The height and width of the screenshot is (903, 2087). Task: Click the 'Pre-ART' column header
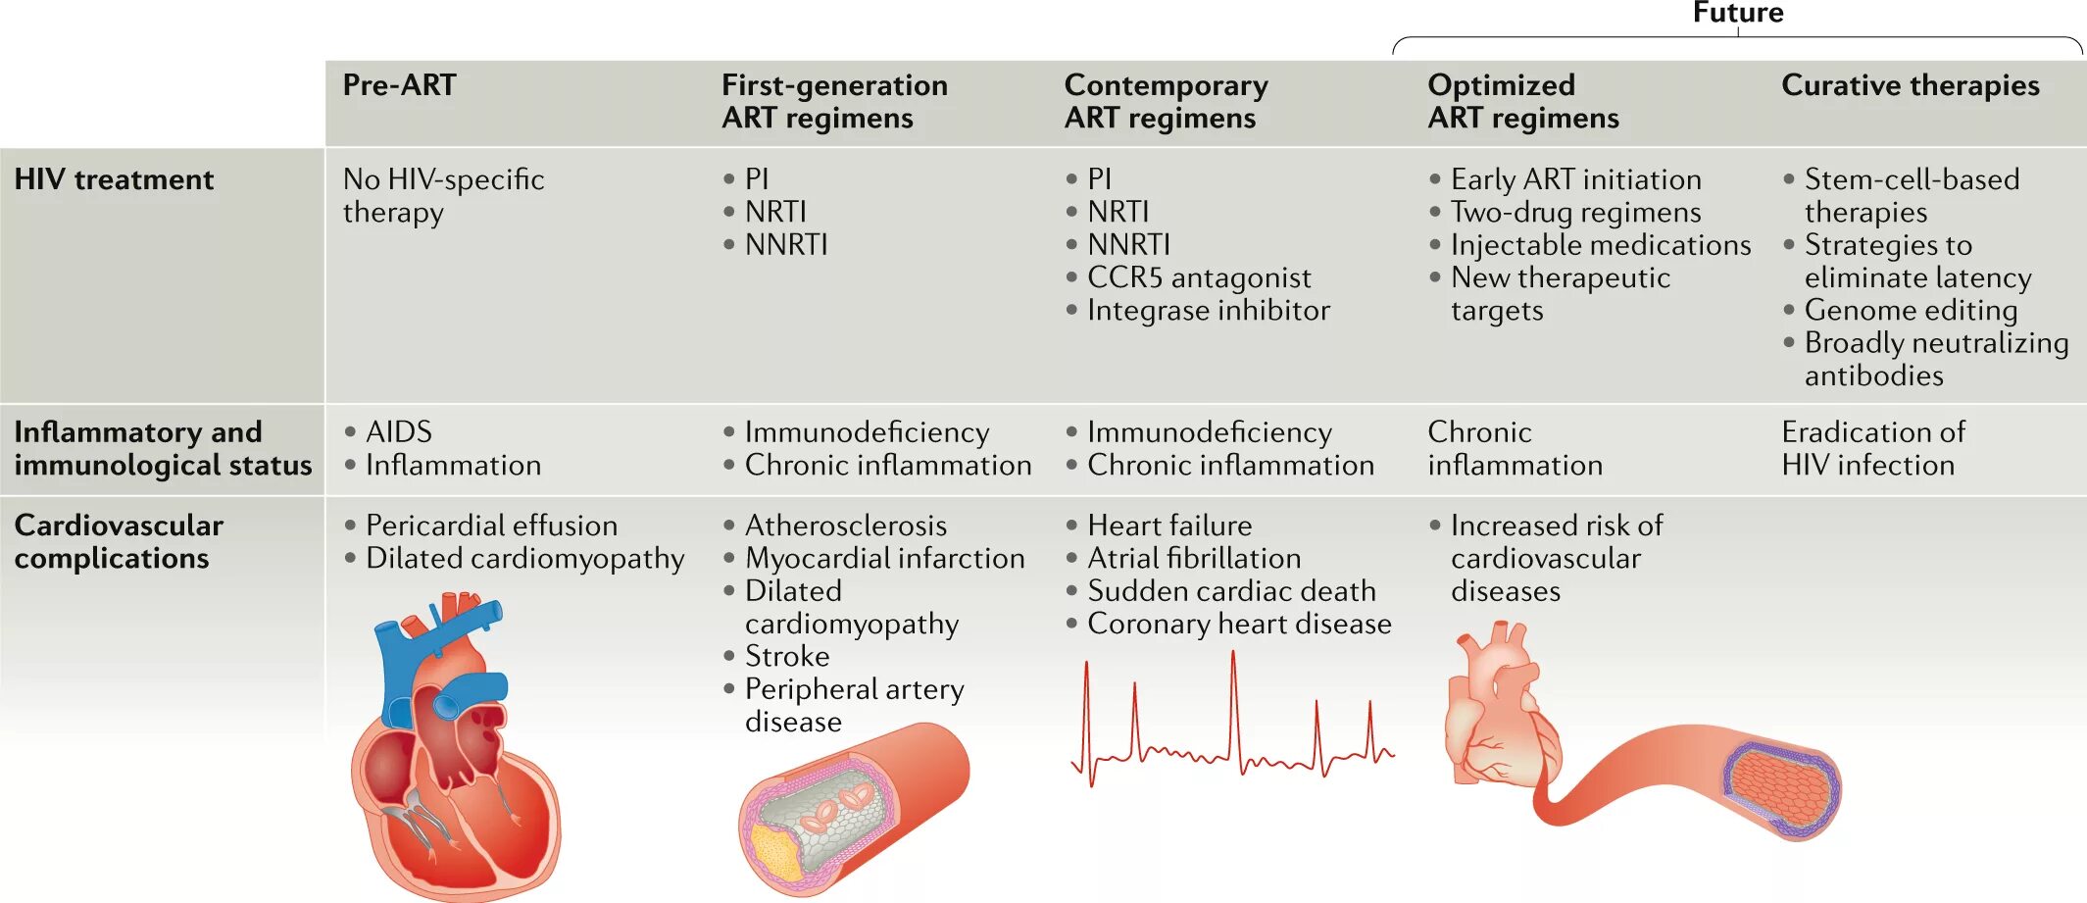tap(399, 85)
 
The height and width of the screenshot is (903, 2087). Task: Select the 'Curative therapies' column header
tap(1910, 85)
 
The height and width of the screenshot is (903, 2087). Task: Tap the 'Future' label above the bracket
tap(1738, 13)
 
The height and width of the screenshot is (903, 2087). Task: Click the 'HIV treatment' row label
tap(114, 179)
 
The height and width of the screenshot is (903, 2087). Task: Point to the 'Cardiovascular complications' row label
tap(119, 541)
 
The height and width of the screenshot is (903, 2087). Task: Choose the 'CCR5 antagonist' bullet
tap(1198, 277)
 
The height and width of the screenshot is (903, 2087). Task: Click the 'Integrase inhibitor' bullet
tap(1208, 310)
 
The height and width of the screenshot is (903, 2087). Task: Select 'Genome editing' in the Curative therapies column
tap(1911, 310)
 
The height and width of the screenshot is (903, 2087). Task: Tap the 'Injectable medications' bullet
tap(1600, 245)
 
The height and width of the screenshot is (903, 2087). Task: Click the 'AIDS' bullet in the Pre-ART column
tap(398, 432)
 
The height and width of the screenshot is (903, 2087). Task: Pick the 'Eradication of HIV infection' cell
tap(1872, 448)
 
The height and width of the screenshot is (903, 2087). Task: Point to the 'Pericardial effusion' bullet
tap(491, 526)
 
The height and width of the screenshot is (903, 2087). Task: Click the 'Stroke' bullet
tap(786, 656)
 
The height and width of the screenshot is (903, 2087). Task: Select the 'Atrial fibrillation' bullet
tap(1194, 558)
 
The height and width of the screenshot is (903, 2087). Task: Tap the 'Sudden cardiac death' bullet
tap(1231, 591)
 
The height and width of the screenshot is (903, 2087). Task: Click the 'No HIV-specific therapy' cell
tap(443, 195)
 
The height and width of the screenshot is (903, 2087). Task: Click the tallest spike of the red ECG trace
tap(1233, 655)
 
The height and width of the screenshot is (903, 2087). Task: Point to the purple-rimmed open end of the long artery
tap(1781, 788)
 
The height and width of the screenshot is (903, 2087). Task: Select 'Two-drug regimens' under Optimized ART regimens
tap(1575, 212)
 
